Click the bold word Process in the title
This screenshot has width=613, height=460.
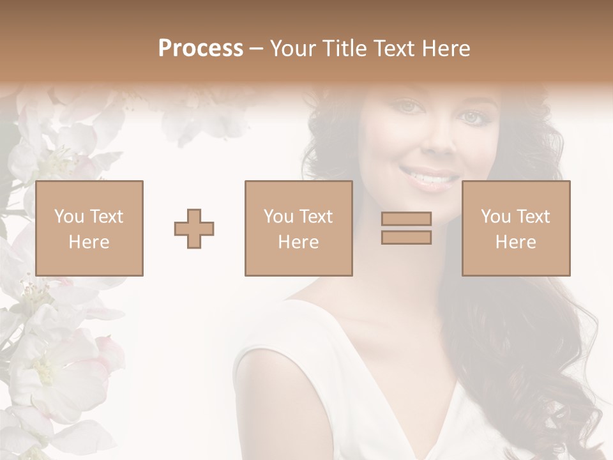201,49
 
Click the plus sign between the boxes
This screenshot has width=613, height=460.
194,229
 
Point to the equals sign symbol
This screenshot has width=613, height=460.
406,228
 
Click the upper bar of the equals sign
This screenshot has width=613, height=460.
406,219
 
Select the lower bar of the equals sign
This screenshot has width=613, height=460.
406,237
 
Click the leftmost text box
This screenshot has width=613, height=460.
89,228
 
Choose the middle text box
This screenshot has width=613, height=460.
298,228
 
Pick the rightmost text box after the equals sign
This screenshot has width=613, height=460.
515,228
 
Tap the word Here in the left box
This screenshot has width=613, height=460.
89,242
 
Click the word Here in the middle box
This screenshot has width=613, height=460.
298,242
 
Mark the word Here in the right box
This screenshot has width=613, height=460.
515,242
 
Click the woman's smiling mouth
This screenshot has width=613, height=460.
429,176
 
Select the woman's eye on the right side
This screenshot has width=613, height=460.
472,117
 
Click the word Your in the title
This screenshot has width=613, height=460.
293,49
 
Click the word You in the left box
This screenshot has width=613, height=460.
68,217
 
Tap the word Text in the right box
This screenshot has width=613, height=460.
532,217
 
